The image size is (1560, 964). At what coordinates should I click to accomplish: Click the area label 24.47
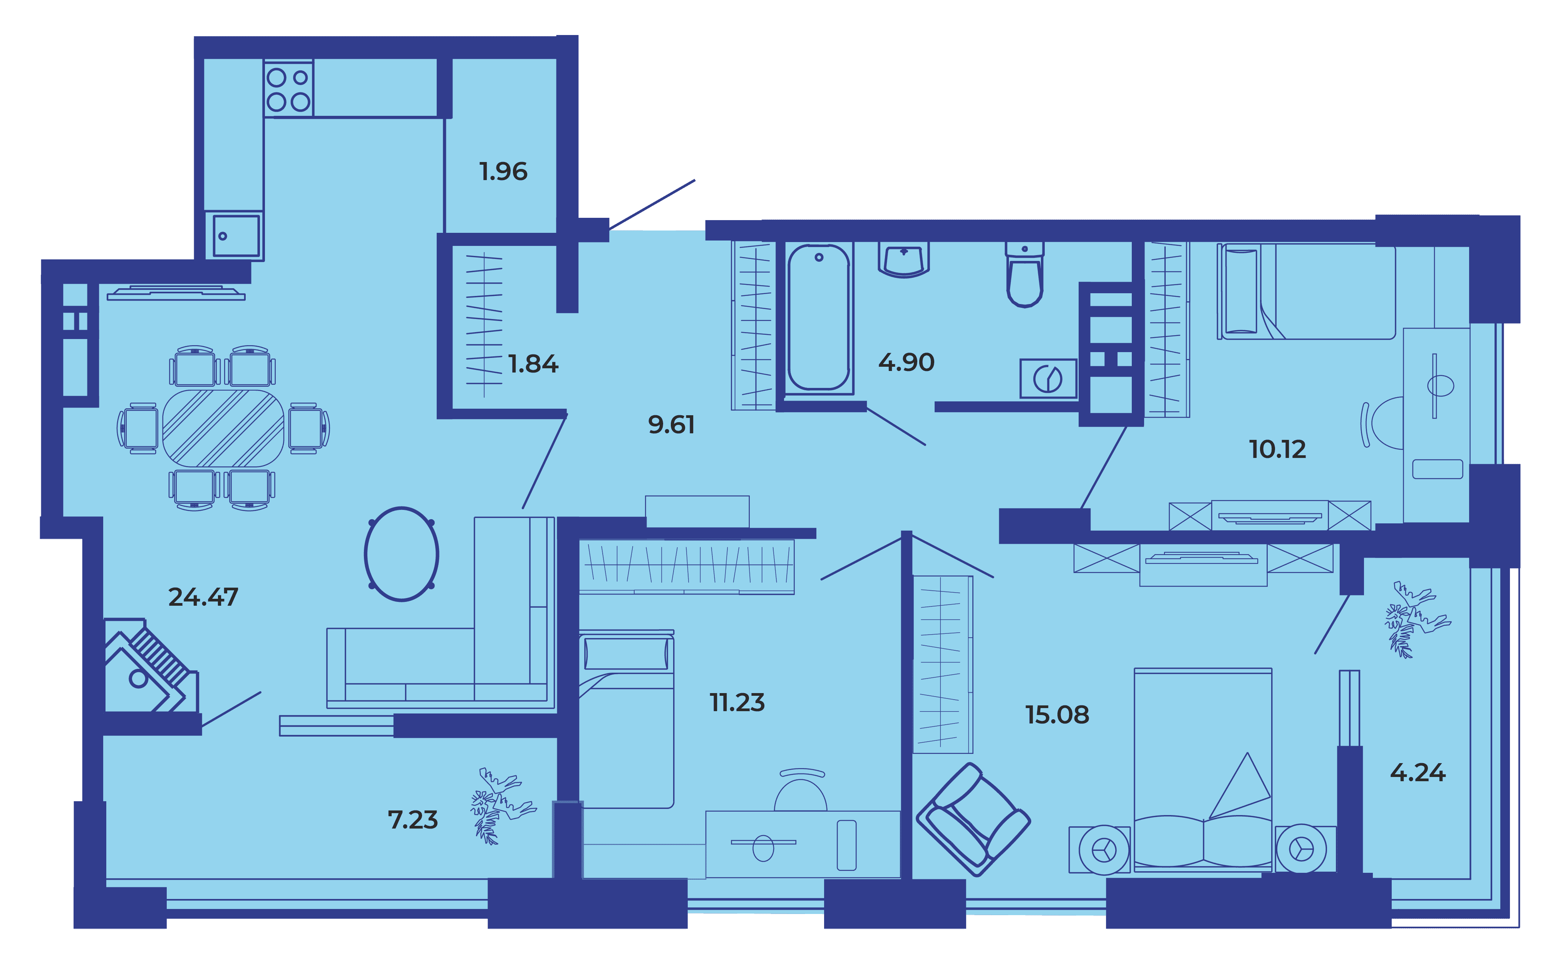click(203, 597)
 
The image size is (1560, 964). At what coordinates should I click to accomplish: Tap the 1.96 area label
click(503, 172)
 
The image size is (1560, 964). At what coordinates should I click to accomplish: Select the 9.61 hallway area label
click(671, 424)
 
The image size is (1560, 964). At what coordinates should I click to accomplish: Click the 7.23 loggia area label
click(413, 820)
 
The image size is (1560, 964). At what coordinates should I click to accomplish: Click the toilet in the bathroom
click(1025, 274)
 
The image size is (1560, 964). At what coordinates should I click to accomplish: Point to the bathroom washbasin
click(903, 259)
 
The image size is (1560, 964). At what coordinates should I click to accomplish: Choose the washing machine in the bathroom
click(1048, 379)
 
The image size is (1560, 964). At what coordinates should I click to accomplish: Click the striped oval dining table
click(223, 428)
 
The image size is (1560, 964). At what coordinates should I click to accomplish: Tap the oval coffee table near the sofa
click(401, 554)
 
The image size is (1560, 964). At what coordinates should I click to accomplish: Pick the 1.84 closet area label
click(533, 364)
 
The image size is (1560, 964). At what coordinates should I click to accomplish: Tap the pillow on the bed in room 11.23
click(626, 653)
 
